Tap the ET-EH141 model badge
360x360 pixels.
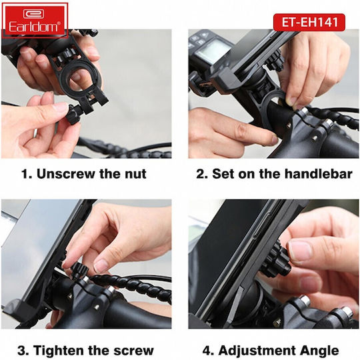tap(309, 22)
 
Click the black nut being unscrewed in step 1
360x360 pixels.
tap(74, 114)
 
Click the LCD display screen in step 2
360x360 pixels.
tap(213, 51)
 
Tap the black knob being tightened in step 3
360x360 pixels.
tap(79, 271)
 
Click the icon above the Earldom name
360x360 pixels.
tap(33, 14)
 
